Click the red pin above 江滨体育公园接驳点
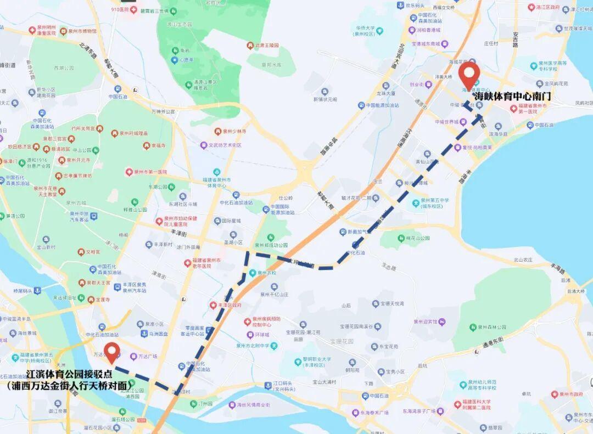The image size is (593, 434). coord(113,352)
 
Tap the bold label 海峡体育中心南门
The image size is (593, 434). coord(512,96)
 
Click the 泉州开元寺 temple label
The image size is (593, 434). coord(75,161)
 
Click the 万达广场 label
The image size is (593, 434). coord(146,356)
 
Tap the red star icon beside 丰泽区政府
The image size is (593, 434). coord(213,305)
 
